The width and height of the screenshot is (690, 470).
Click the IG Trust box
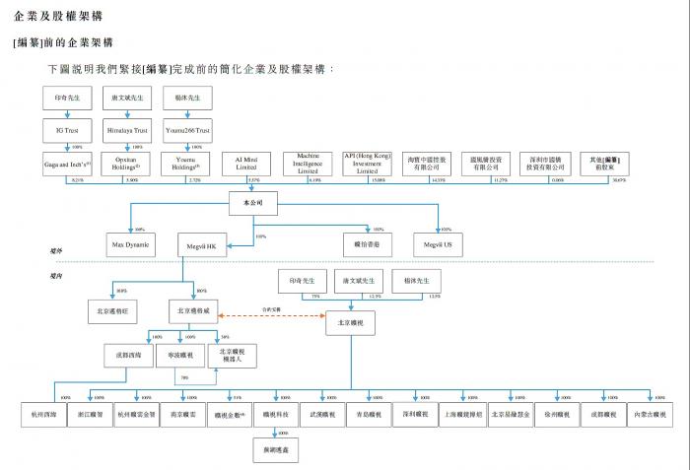pyautogui.click(x=68, y=129)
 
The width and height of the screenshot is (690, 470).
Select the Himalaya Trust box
pyautogui.click(x=127, y=129)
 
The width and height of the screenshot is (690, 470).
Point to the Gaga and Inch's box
pyautogui.click(x=68, y=162)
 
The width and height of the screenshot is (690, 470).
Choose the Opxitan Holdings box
pyautogui.click(x=127, y=162)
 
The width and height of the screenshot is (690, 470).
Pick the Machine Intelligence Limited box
pyautogui.click(x=308, y=162)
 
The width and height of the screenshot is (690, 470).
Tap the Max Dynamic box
pyautogui.click(x=131, y=243)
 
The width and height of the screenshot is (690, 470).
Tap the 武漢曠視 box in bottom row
pyautogui.click(x=322, y=414)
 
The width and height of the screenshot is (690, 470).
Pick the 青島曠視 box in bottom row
pyautogui.click(x=368, y=414)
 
